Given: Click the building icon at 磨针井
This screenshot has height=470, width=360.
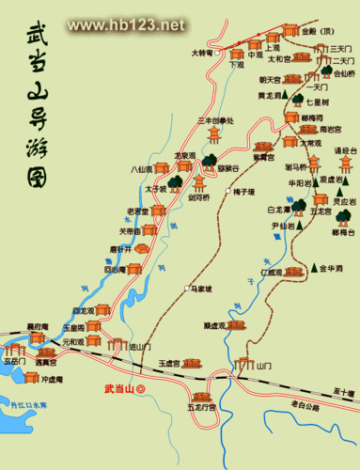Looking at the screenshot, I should coord(142,248).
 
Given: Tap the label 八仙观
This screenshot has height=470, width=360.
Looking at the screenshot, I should coord(141,169).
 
